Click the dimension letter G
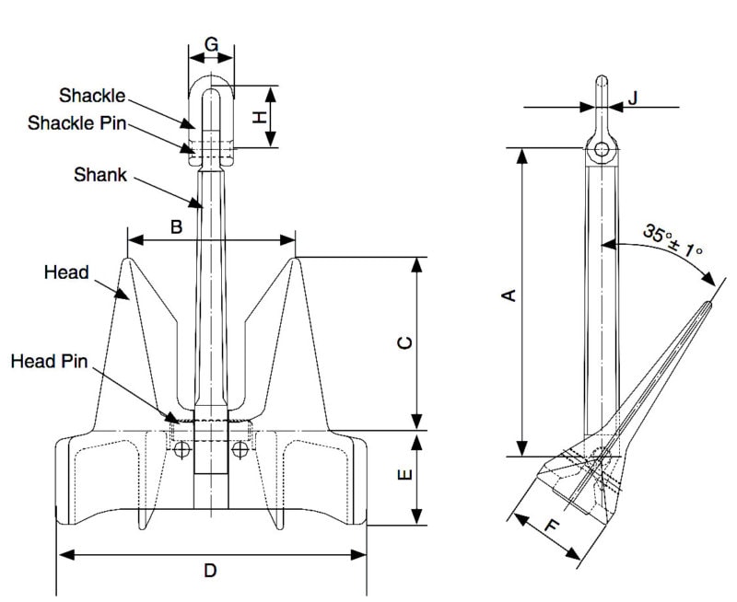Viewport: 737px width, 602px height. coord(212,44)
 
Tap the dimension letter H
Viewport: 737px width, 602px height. coord(260,117)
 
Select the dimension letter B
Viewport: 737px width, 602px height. coord(176,227)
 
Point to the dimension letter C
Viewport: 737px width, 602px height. coord(404,342)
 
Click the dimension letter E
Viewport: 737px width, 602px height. coord(404,475)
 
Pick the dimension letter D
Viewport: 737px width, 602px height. coord(210,571)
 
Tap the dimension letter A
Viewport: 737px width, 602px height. coord(509,295)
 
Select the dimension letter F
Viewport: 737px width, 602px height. coord(553,525)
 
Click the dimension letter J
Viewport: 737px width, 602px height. coord(633,98)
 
